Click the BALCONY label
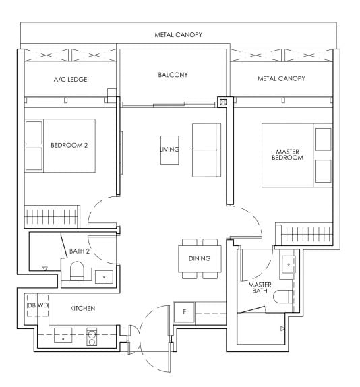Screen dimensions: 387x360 point(173,75)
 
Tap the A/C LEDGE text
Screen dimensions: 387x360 point(71,80)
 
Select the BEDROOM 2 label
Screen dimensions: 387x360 point(69,144)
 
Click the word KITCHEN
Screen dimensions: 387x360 point(82,308)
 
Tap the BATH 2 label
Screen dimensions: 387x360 point(80,251)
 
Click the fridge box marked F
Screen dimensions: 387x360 point(184,311)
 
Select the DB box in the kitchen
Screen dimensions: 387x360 point(31,306)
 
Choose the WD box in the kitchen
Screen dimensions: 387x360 point(42,306)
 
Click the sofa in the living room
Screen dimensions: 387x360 point(206,150)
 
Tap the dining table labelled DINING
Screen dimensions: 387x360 point(200,258)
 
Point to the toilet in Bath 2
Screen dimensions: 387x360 point(77,273)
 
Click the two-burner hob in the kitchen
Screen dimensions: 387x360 point(92,336)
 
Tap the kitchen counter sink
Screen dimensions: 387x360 point(63,336)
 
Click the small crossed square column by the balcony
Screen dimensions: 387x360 point(222,102)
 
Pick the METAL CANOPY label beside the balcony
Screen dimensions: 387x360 point(281,79)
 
